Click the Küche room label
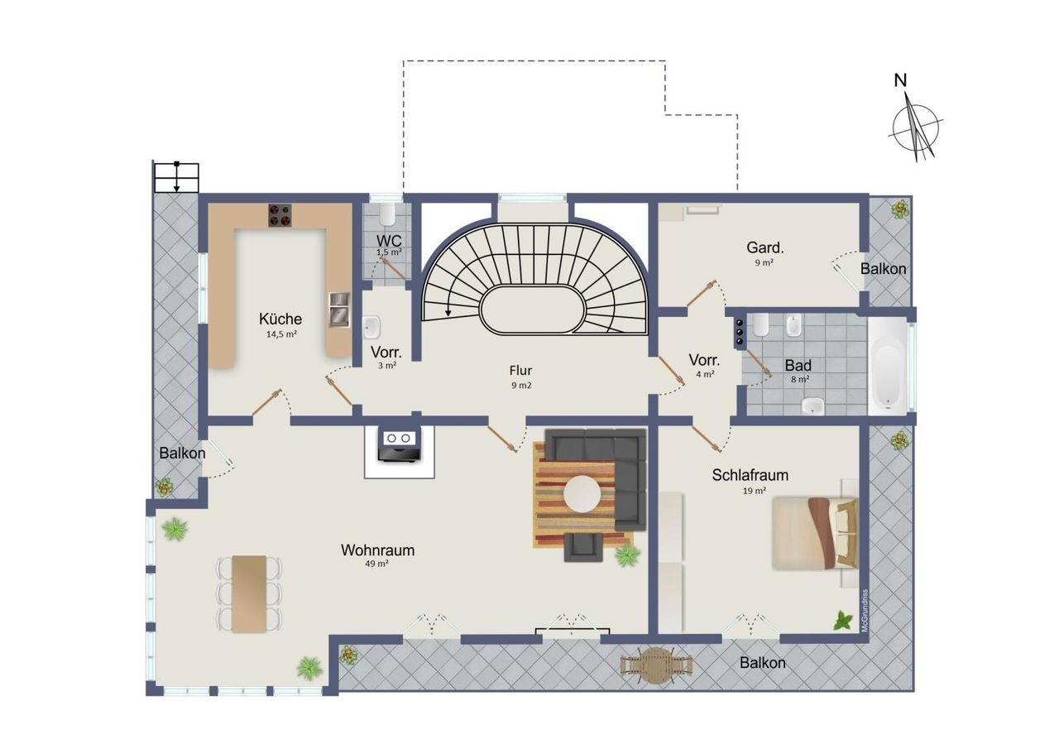pos(280,319)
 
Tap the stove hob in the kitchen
pos(280,215)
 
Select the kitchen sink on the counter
pos(339,310)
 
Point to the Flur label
pos(520,370)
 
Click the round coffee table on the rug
pos(582,494)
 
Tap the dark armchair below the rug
pos(583,547)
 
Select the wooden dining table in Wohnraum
pos(249,594)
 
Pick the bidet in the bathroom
pos(793,325)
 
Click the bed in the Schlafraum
pos(815,533)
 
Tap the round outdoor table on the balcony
pos(656,665)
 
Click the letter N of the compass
pos(900,81)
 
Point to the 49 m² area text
pos(376,564)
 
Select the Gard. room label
pos(765,247)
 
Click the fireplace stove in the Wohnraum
pos(399,446)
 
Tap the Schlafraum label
pos(750,475)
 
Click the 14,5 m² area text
pos(281,334)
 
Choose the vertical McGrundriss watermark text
pos(865,611)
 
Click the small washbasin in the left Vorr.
pos(371,327)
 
